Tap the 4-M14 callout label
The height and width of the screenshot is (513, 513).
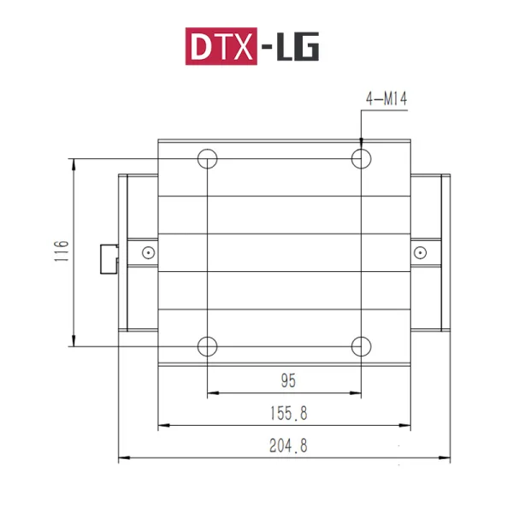pyautogui.click(x=386, y=100)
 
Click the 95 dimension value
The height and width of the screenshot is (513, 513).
pyautogui.click(x=288, y=379)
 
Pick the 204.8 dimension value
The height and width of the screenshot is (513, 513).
pyautogui.click(x=287, y=445)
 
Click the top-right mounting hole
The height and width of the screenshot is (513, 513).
pyautogui.click(x=361, y=158)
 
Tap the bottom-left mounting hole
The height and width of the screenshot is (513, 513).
pyautogui.click(x=208, y=346)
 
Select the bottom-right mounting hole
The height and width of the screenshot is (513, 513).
pyautogui.click(x=361, y=346)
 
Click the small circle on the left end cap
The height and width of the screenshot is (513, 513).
pyautogui.click(x=148, y=252)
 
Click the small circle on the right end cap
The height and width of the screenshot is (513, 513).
pyautogui.click(x=420, y=252)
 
